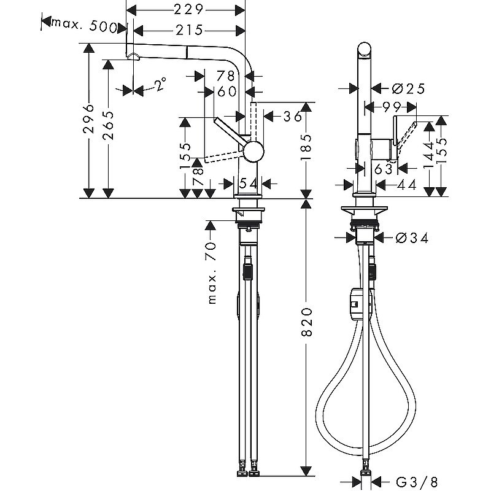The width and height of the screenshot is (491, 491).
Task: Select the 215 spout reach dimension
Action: (188, 30)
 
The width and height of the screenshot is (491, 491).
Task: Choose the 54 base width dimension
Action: (249, 183)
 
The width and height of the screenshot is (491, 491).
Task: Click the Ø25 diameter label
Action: (407, 88)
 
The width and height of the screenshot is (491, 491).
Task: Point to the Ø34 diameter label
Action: (408, 238)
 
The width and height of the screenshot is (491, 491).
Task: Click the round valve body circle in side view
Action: (253, 150)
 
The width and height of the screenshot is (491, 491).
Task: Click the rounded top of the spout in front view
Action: (364, 50)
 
